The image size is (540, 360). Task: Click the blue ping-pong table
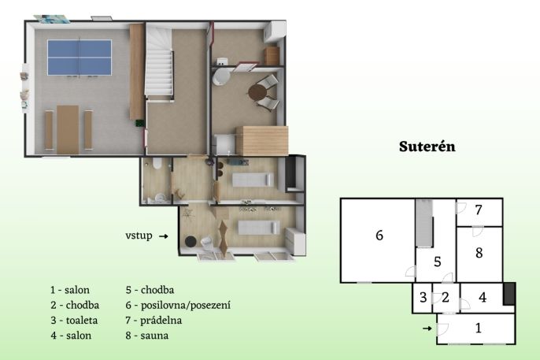tap(80, 58)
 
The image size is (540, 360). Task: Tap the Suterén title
tap(427, 147)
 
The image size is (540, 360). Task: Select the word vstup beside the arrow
tap(139, 236)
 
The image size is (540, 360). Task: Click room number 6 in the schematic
tap(379, 236)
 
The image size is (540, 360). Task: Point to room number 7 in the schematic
tap(479, 210)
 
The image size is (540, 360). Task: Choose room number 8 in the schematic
tap(479, 253)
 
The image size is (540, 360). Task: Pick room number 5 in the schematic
tap(438, 262)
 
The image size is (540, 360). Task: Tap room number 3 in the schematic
tap(423, 297)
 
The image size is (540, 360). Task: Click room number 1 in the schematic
tap(478, 328)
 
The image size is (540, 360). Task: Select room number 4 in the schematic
tap(483, 297)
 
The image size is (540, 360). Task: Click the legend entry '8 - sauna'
tap(147, 336)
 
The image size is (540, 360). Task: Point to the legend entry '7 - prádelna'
tap(153, 321)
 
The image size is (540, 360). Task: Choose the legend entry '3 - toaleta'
tap(74, 321)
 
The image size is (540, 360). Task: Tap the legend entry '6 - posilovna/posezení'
tap(178, 305)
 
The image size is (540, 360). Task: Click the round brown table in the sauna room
tap(257, 93)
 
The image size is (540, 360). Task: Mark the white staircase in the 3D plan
tap(159, 62)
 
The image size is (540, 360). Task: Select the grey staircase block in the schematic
tap(424, 223)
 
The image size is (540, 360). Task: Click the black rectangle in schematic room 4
tap(509, 294)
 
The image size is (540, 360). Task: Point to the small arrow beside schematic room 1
tap(427, 328)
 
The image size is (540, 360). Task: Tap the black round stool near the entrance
tap(190, 242)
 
